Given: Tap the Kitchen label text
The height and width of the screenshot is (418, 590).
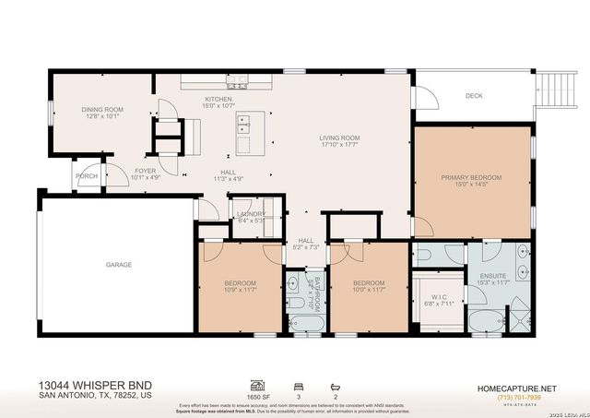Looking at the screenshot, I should tap(218, 99).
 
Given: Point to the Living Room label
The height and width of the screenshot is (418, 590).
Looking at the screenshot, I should tap(339, 138).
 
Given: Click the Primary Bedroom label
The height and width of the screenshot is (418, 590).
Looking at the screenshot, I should tap(470, 177).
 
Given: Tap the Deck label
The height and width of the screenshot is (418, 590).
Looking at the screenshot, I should tap(474, 95).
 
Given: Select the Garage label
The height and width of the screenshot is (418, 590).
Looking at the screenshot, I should tap(118, 265).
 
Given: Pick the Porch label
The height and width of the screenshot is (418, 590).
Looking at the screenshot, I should tap(87, 176).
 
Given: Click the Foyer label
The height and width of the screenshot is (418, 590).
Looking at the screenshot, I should tap(146, 171).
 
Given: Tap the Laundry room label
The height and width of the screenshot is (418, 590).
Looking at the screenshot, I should tap(251, 214).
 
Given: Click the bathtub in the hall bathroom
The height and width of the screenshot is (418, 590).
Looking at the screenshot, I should tap(303, 322).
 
